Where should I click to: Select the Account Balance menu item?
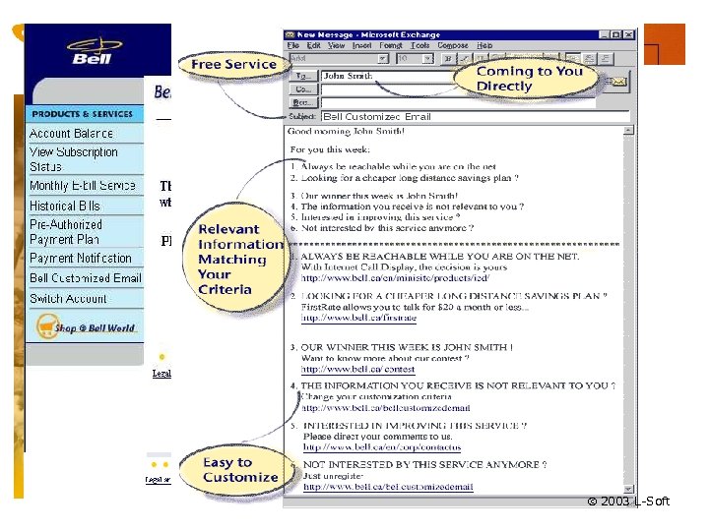pyautogui.click(x=71, y=133)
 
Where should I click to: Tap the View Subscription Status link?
pyautogui.click(x=73, y=159)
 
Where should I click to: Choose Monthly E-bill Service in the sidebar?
pyautogui.click(x=83, y=185)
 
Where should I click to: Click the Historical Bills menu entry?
pyautogui.click(x=65, y=206)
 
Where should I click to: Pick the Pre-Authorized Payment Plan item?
pyautogui.click(x=65, y=231)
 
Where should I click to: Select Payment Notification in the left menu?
pyautogui.click(x=81, y=258)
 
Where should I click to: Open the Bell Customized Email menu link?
pyautogui.click(x=85, y=278)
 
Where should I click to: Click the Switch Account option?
pyautogui.click(x=68, y=298)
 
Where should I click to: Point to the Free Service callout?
pyautogui.click(x=233, y=65)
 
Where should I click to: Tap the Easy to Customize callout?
pyautogui.click(x=240, y=470)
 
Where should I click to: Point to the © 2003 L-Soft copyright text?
pyautogui.click(x=628, y=501)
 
